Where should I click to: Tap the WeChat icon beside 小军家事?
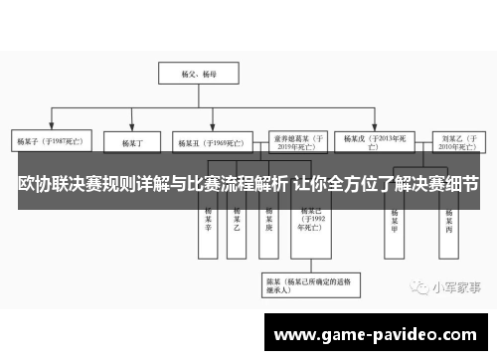415,286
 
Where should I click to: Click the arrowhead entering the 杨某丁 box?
133,129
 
